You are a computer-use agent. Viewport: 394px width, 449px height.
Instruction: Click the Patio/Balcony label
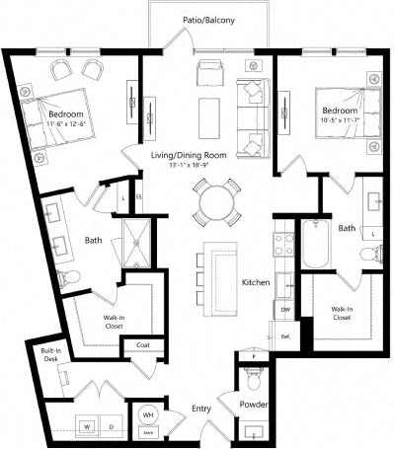click(207, 20)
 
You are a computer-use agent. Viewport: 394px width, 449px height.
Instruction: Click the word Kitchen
click(256, 283)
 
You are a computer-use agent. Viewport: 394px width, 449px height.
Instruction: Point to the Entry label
click(202, 407)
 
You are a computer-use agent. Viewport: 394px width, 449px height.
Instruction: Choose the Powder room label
click(254, 406)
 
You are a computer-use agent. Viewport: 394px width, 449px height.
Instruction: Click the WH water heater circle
click(147, 414)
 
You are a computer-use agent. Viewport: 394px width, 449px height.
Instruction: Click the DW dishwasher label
click(286, 309)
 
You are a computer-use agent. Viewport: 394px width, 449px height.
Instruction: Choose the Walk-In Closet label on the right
click(341, 313)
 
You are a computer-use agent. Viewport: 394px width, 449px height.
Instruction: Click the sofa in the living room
click(257, 112)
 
